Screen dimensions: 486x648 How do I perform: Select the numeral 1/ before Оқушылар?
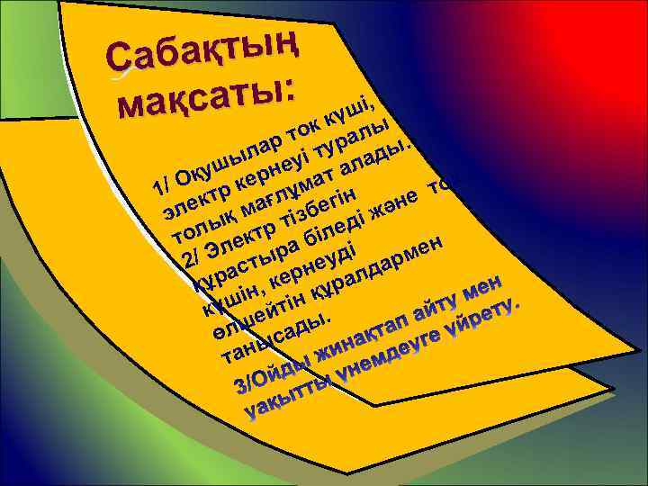[161, 187]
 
